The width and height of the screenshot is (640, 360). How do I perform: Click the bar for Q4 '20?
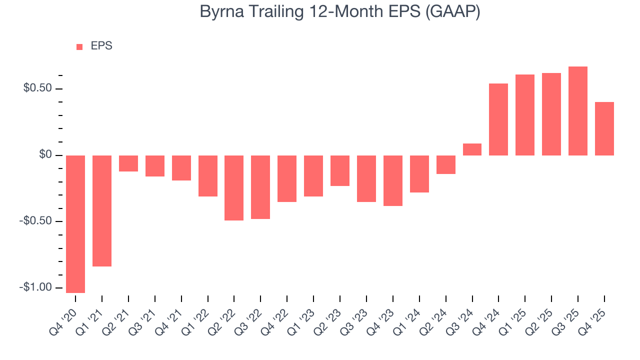pos(75,224)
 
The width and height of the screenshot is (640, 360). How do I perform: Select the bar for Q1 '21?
pos(102,210)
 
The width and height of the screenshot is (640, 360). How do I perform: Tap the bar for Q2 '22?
pos(234,187)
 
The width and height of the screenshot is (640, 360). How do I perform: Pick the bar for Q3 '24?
pos(472,149)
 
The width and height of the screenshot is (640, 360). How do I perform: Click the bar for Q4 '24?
pos(498,119)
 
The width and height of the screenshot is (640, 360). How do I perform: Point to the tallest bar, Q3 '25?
pos(578,111)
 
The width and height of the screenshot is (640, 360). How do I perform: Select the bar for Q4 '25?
pos(604,128)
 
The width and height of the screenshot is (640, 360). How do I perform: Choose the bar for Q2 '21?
pos(128,163)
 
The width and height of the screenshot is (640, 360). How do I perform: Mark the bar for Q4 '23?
pos(393,180)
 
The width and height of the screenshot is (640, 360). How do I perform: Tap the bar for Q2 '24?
pos(445,164)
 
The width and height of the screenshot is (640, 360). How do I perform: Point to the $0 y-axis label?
pos(46,155)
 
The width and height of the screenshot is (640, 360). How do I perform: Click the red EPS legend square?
pos(79,47)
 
